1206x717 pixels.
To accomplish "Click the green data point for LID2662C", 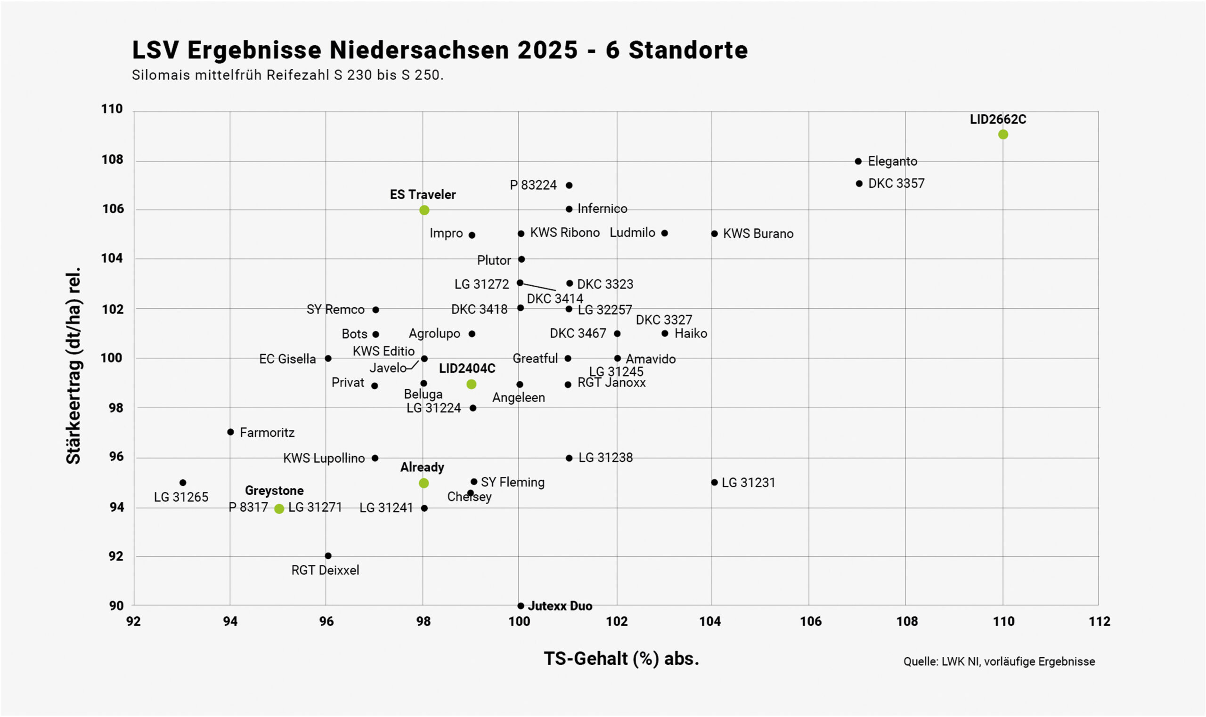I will [1003, 134].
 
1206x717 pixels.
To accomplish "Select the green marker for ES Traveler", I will [424, 209].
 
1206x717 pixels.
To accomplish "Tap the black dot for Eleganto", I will [858, 161].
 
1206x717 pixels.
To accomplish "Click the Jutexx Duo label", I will [560, 606].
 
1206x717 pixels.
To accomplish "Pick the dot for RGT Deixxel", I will [328, 556].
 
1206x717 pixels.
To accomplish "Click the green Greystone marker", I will [279, 509].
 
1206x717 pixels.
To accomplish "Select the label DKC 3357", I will [896, 184].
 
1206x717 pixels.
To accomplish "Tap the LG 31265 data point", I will [183, 483].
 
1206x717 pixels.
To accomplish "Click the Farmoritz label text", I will [267, 433].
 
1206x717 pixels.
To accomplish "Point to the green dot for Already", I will [424, 483].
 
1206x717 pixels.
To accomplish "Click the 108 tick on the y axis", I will [112, 160].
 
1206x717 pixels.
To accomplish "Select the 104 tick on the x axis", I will [710, 621].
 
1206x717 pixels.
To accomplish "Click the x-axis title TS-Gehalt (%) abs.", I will [621, 659].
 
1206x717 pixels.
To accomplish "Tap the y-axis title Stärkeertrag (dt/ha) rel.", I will [73, 366].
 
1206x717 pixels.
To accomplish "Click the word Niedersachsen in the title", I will [420, 50].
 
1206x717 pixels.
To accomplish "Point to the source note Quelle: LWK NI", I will [999, 661].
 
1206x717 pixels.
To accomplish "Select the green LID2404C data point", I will [471, 384].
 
